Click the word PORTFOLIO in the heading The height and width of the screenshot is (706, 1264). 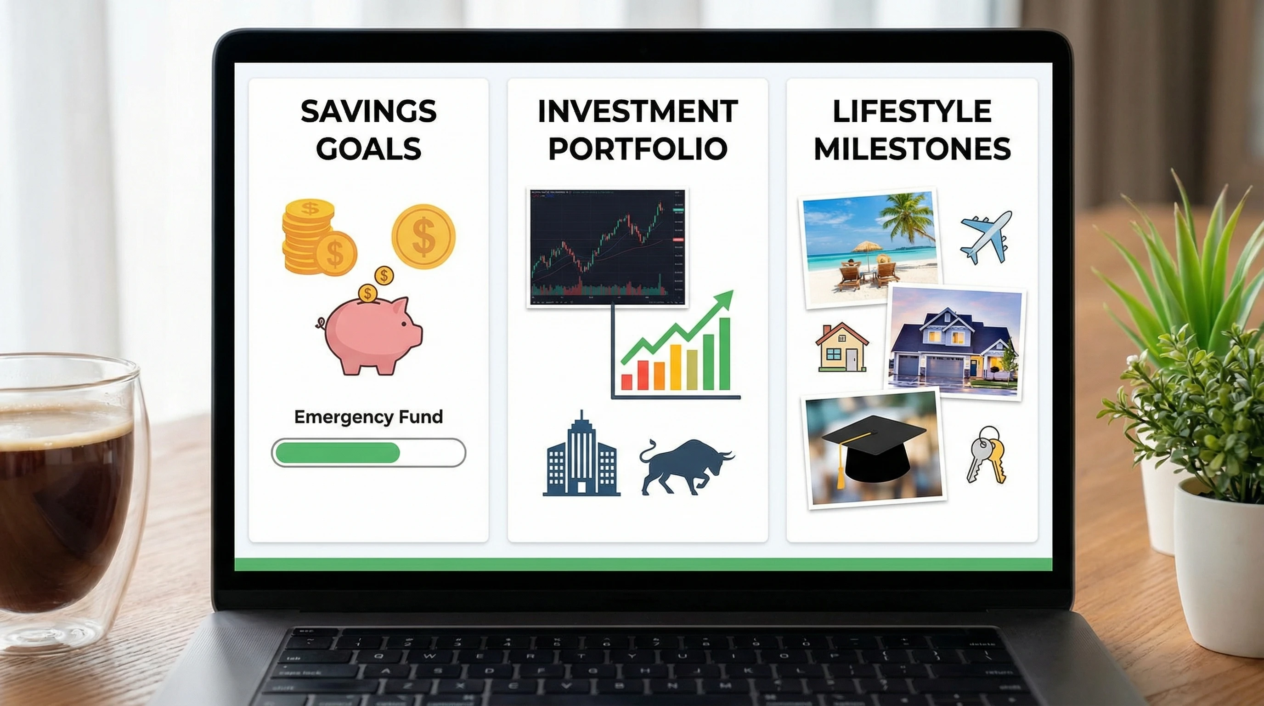638,149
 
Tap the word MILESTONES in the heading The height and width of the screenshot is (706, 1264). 912,149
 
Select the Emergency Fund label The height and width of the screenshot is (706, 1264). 368,417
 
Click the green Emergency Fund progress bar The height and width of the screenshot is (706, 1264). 338,452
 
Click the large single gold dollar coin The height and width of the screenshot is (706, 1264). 423,236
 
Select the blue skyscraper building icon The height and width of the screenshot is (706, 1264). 581,456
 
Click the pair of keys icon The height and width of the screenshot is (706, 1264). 986,455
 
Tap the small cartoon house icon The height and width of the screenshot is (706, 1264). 841,347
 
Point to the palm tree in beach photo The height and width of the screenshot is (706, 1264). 908,216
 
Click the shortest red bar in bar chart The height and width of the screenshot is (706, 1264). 626,381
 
